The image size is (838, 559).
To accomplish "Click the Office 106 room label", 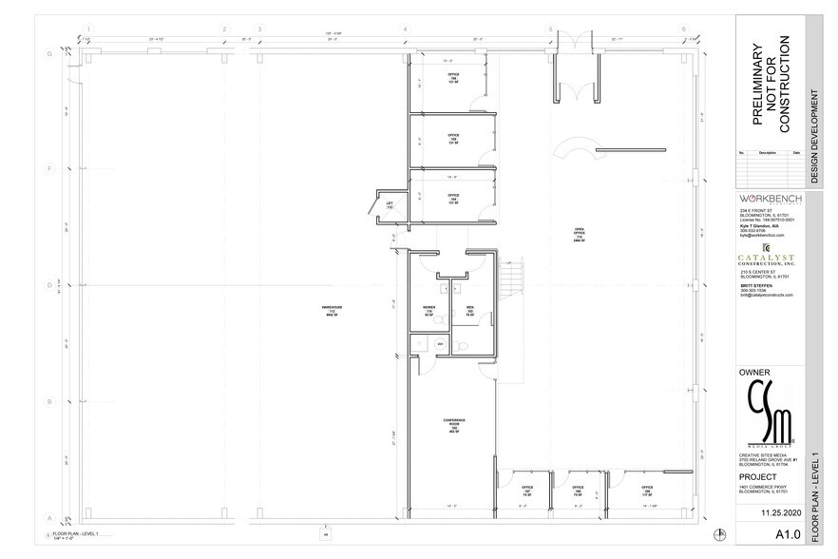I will pyautogui.click(x=453, y=79).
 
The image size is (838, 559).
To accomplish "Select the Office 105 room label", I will pyautogui.click(x=453, y=139).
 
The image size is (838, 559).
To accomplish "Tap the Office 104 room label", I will pyautogui.click(x=453, y=200).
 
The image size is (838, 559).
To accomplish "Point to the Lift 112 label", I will pyautogui.click(x=390, y=204).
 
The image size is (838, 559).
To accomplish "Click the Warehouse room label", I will pyautogui.click(x=333, y=306).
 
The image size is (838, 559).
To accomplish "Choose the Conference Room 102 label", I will pyautogui.click(x=453, y=425).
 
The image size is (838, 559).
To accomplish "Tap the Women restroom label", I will pyautogui.click(x=429, y=310).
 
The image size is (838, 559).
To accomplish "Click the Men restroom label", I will pyautogui.click(x=469, y=310).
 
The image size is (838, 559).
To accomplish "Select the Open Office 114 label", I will pyautogui.click(x=578, y=235).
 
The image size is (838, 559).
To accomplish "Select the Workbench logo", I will pyautogui.click(x=770, y=198).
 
